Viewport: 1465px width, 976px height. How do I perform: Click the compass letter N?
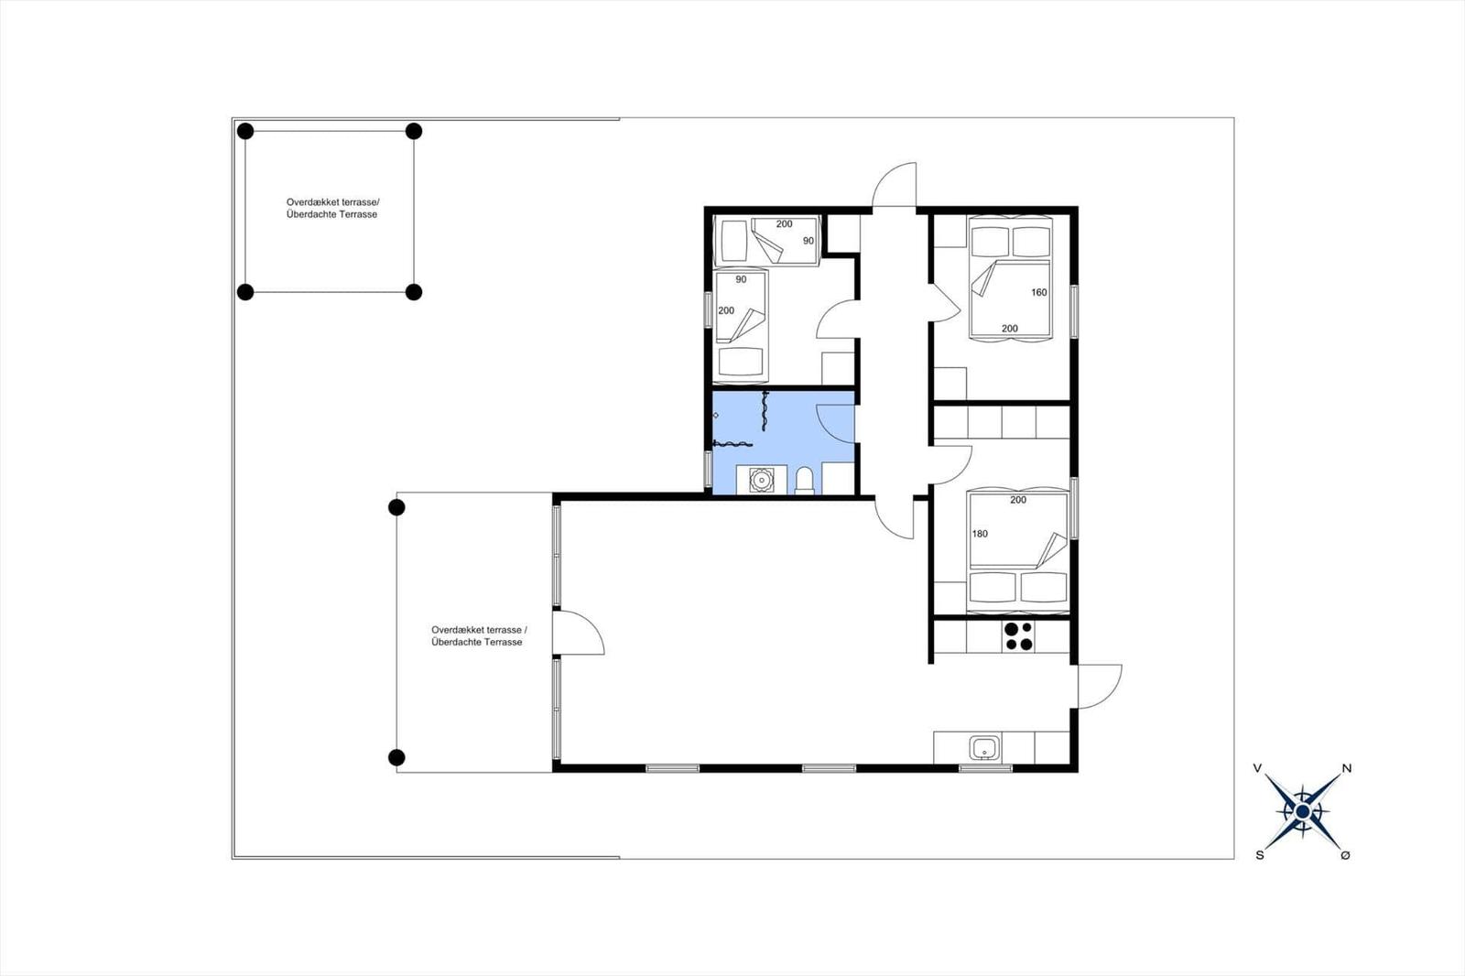coord(1347,769)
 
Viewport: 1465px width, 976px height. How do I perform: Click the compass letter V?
coord(1258,768)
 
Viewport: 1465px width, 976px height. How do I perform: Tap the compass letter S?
coord(1260,855)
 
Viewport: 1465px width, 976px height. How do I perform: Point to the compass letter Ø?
coord(1345,855)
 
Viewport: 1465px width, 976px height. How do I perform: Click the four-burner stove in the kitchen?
coord(1018,636)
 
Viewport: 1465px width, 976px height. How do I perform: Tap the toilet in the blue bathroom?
coord(805,481)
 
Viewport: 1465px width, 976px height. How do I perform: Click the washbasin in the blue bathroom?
coord(761,480)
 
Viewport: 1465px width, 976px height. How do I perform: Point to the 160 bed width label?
coord(1039,293)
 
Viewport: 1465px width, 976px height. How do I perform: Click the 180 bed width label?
coord(980,534)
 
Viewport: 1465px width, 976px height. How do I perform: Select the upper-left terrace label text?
coord(331,209)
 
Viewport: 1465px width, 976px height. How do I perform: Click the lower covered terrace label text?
coord(478,636)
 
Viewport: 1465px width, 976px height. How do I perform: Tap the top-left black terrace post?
coord(245,131)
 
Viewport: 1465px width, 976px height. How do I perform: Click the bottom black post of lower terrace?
coord(396,757)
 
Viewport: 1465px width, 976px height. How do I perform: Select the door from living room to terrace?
coord(579,633)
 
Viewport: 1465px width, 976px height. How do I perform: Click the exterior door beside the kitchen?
coord(1099,686)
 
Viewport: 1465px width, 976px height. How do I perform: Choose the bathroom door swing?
coord(835,423)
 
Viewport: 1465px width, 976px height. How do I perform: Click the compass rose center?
coord(1303,811)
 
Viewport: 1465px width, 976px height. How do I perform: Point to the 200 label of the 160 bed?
coord(1010,329)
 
